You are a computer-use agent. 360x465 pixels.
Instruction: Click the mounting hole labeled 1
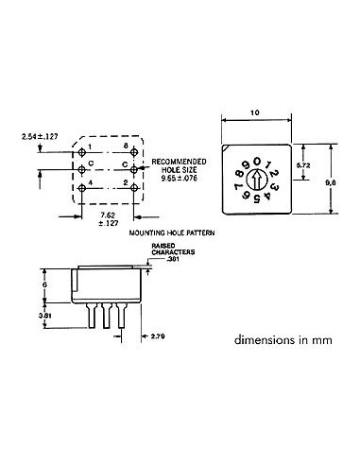(x=86, y=153)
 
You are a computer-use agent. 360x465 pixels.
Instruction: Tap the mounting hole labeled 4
(x=86, y=187)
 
